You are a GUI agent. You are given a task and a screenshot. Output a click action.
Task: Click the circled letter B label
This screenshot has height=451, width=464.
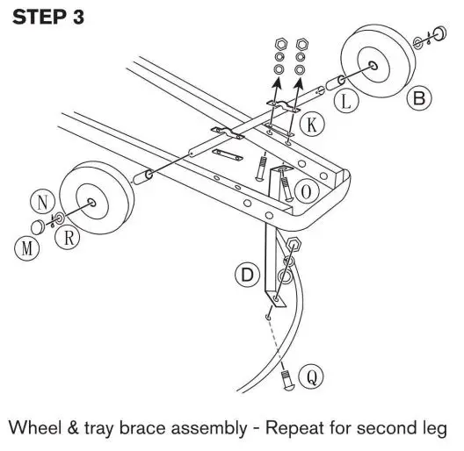pos(419,97)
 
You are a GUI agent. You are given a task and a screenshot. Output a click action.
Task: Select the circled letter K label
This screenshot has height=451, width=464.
pos(310,125)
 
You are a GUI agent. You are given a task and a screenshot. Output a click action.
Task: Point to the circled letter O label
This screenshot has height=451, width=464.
pos(306,190)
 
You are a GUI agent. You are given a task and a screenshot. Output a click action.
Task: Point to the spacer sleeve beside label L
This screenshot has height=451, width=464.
pos(333,84)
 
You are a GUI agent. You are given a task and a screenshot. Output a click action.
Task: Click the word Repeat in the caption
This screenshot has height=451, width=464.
pos(286,428)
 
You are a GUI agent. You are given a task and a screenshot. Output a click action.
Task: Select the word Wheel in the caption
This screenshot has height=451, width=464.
pos(34,428)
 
